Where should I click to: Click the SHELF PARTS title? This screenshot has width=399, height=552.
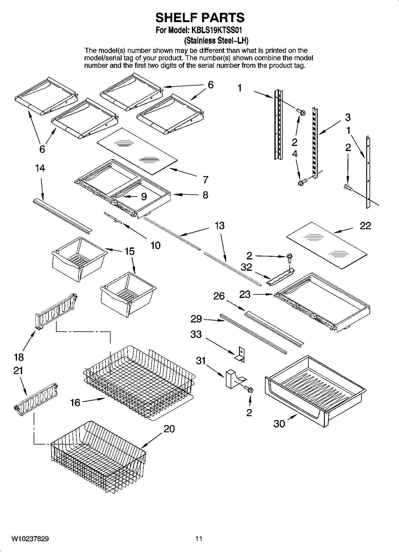(x=200, y=18)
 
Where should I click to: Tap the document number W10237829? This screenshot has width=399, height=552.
(x=30, y=539)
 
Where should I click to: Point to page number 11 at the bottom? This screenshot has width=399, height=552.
(x=199, y=539)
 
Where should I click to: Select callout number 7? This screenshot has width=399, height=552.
(x=205, y=180)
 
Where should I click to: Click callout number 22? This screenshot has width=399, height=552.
(x=365, y=226)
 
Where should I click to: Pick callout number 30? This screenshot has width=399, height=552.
(x=279, y=424)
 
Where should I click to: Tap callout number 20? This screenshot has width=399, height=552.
(x=169, y=429)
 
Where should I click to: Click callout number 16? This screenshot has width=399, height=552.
(x=75, y=402)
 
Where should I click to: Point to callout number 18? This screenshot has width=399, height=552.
(x=18, y=357)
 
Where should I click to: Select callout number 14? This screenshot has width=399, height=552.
(x=40, y=168)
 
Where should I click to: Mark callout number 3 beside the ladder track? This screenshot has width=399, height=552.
(x=348, y=117)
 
